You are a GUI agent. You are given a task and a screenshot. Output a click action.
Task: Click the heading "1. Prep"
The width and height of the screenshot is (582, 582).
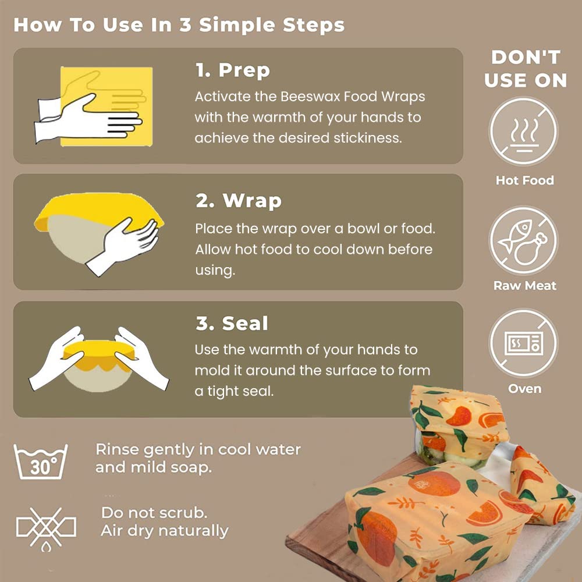coord(232,71)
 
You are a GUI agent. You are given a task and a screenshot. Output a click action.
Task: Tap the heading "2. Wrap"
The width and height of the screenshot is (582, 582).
coord(238,201)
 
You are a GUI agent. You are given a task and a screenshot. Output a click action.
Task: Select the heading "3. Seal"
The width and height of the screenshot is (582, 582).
coord(232,324)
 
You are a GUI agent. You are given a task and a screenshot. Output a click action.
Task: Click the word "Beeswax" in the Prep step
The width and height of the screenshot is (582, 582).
coord(305,97)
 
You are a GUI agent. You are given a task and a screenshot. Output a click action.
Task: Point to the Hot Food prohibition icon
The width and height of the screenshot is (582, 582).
coord(523,132)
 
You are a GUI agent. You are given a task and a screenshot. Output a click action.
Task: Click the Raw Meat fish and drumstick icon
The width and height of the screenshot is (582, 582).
coord(523,240)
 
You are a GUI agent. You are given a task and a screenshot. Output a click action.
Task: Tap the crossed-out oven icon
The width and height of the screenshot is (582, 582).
coord(523,344)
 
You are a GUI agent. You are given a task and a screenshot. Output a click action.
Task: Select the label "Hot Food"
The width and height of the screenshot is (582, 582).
coord(524,180)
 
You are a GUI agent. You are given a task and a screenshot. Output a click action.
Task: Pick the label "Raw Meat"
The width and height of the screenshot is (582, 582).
coord(524,286)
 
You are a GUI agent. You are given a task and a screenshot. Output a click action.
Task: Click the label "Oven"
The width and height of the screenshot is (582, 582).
coord(524,389)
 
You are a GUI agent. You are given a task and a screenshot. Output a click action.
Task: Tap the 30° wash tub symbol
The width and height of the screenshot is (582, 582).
coord(41,461)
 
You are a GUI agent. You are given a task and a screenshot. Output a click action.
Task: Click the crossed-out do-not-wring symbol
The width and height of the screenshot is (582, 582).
coord(46,528)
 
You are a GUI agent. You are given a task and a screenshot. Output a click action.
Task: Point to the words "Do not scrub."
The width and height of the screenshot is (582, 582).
coord(154,513)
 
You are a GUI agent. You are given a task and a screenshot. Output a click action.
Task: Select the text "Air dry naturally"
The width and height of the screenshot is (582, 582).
coord(165,531)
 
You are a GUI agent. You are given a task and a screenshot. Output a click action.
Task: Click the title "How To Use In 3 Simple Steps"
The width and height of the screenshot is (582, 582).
coord(179,26)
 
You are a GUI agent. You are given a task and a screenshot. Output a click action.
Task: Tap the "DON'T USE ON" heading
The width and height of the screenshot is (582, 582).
coord(525,69)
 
